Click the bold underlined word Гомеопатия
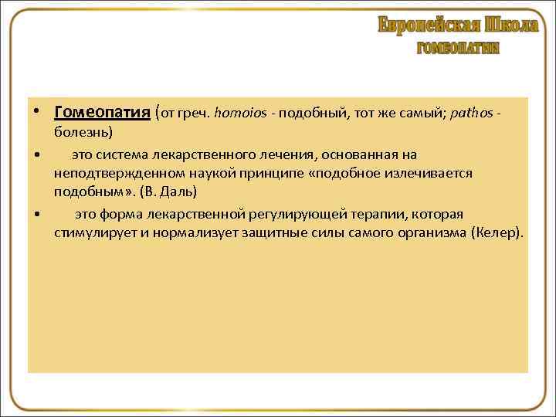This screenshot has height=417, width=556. coord(102,113)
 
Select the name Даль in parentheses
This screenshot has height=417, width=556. coord(180,191)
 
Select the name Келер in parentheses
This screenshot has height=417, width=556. coord(496,232)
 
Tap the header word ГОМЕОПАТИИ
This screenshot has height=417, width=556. coord(458,48)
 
